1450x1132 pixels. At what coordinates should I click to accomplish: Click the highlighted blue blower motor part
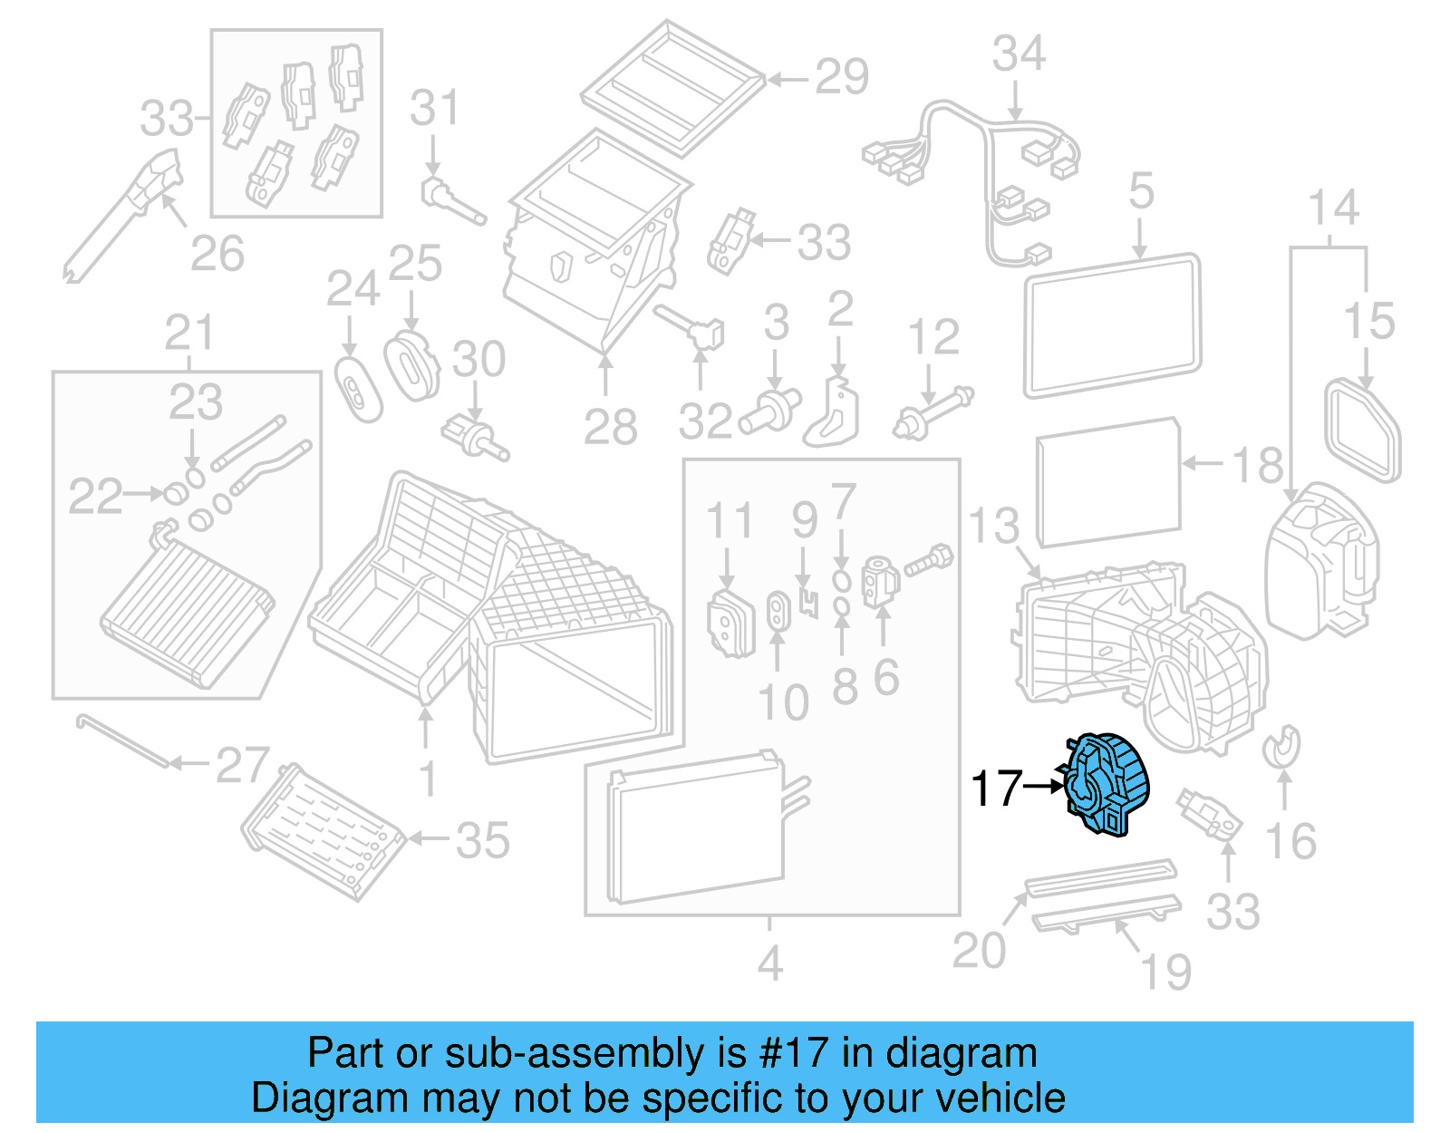coord(1107,785)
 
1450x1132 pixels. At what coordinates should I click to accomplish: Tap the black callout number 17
coord(996,789)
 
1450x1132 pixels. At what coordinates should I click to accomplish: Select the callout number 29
coord(841,77)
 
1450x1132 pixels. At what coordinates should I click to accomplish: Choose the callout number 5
coord(1141,192)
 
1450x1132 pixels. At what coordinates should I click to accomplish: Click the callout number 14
coord(1333,208)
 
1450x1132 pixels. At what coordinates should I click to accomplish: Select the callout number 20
coord(979,951)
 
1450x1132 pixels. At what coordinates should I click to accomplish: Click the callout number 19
coord(1165,972)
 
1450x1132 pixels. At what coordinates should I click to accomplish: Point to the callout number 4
coord(769,963)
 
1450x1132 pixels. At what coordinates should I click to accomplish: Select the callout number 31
coord(434,109)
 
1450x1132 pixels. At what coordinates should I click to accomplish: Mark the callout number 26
coord(217,254)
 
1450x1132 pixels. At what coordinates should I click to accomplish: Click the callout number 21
coord(188,334)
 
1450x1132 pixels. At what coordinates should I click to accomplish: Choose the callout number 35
coord(482,841)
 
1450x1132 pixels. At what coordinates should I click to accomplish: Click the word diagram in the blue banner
coord(961,1053)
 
